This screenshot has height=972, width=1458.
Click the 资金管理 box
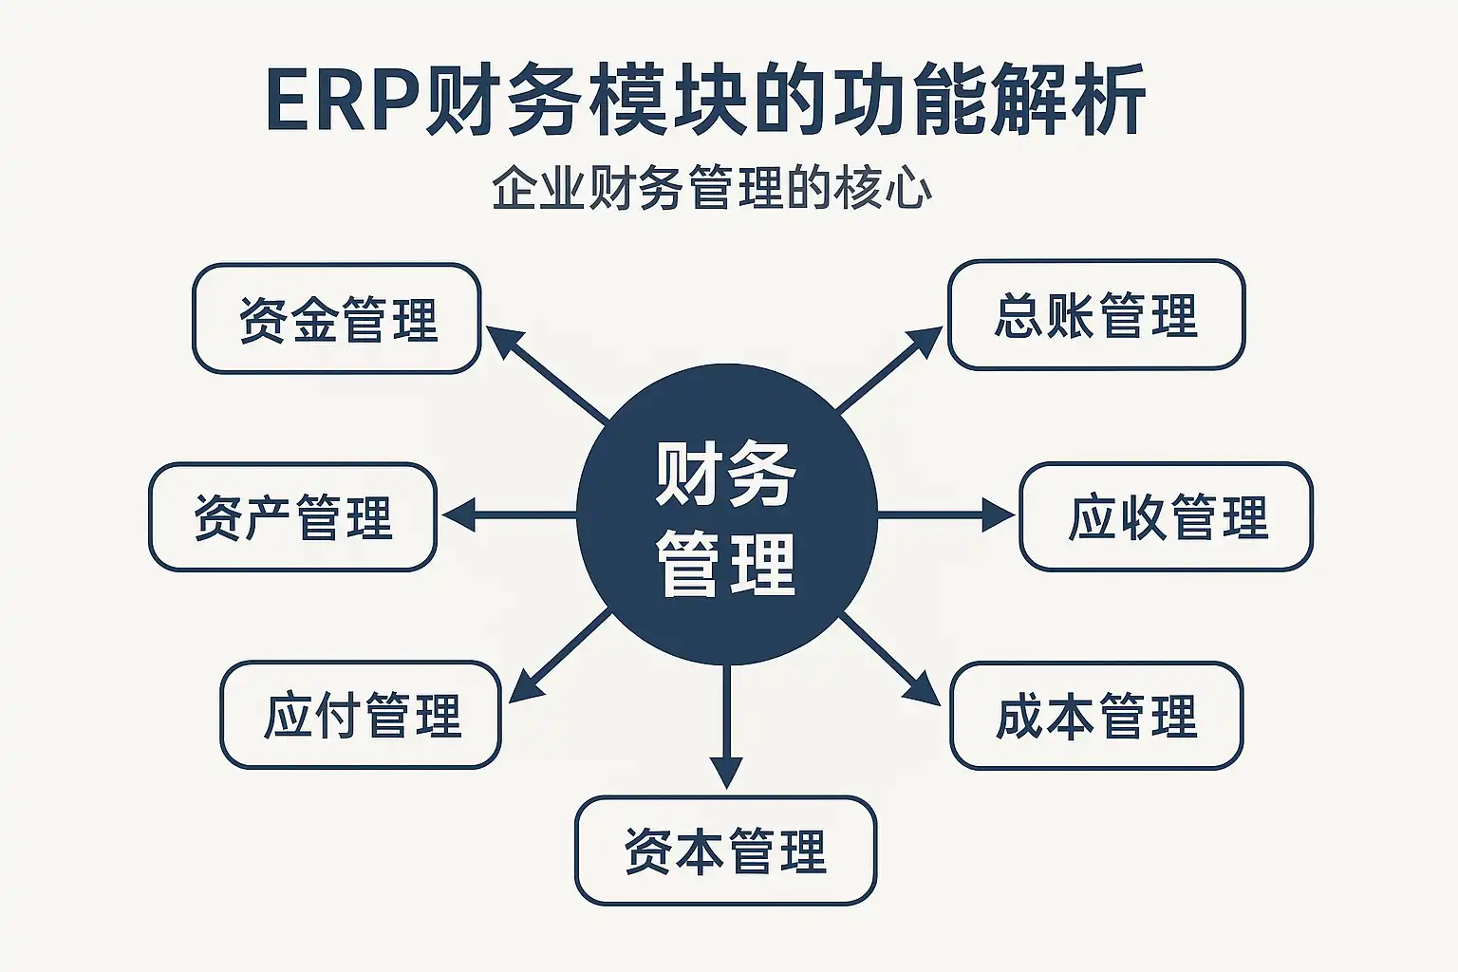337,319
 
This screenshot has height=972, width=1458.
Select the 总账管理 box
1096,315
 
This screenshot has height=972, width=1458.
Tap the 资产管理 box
292,517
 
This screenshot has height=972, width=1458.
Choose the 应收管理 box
1166,517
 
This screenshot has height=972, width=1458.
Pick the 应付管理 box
361,715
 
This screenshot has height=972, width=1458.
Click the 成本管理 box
1096,716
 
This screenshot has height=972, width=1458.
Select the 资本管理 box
725,850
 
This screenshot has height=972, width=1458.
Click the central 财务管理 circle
727,516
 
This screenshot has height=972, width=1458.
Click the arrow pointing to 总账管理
888,370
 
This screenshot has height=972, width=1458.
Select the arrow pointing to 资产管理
508,515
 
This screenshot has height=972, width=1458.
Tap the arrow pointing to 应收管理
945,515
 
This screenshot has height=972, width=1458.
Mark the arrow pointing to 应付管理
560,657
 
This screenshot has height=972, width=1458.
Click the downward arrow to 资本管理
726,726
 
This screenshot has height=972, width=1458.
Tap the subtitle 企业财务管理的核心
712,188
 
